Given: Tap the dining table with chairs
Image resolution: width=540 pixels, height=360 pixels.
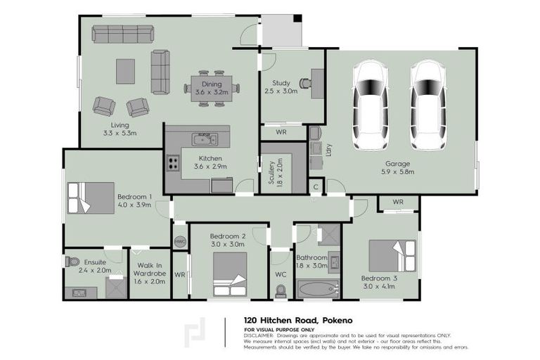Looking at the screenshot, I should [212, 88].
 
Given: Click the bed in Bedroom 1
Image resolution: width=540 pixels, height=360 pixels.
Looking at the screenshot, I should [91, 198].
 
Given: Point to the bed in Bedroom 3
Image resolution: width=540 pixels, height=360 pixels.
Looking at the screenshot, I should [392, 258].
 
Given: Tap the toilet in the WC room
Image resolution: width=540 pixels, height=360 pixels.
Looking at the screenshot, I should [281, 290].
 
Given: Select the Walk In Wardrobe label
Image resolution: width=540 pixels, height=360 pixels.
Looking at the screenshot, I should [148, 271].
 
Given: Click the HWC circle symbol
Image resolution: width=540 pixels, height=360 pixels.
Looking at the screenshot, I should [180, 240].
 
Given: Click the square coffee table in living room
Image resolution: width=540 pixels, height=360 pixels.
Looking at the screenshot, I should [125, 69].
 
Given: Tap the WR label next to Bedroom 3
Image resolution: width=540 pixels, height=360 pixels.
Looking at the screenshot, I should [398, 202].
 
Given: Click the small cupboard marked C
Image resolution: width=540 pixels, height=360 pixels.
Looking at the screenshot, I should [316, 187].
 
